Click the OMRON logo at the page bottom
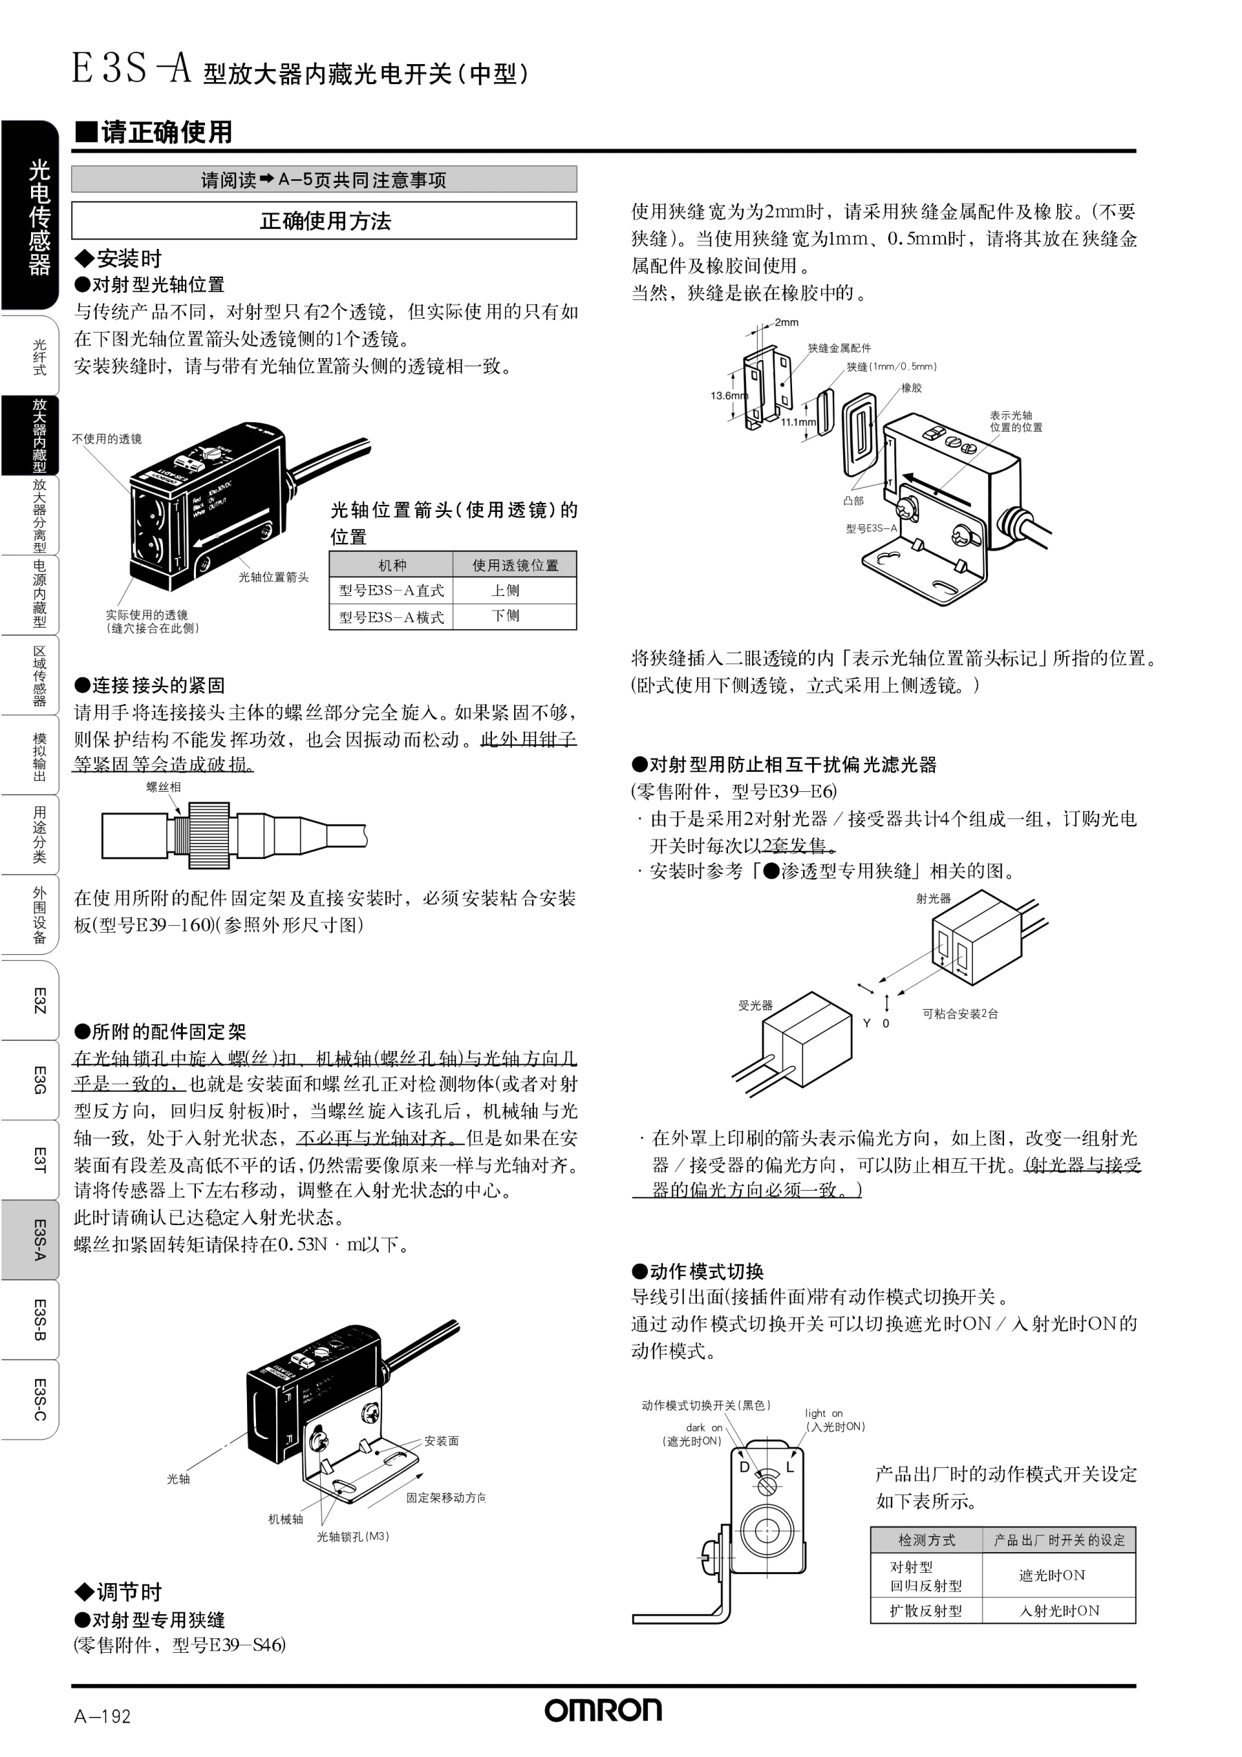pyautogui.click(x=603, y=1710)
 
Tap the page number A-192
pyautogui.click(x=103, y=1716)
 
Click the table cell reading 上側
pyautogui.click(x=506, y=590)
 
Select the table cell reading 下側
pyautogui.click(x=506, y=616)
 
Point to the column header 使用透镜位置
pyautogui.click(x=515, y=565)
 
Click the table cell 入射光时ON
pyautogui.click(x=1059, y=1611)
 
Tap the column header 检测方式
pyautogui.click(x=927, y=1540)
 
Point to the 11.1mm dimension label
pyautogui.click(x=798, y=421)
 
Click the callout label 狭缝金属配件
pyautogui.click(x=840, y=348)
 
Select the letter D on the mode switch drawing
pyautogui.click(x=745, y=1467)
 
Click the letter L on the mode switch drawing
pyautogui.click(x=791, y=1467)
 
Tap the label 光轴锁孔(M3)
pyautogui.click(x=353, y=1536)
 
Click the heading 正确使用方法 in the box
pyautogui.click(x=325, y=221)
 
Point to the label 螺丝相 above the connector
pyautogui.click(x=164, y=786)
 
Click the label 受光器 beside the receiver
pyautogui.click(x=756, y=1006)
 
